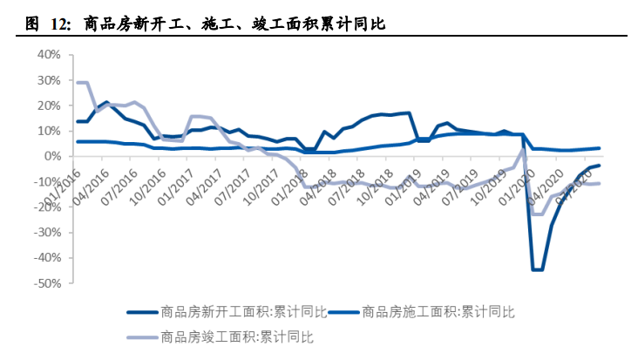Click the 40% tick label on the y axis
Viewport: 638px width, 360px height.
coord(47,55)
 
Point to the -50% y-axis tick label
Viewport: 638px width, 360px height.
coord(45,284)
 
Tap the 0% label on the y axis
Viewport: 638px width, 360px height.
coord(51,157)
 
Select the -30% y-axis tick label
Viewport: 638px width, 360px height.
coord(45,234)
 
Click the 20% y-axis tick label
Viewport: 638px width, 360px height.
coord(47,105)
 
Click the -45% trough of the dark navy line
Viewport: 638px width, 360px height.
coord(536,269)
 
